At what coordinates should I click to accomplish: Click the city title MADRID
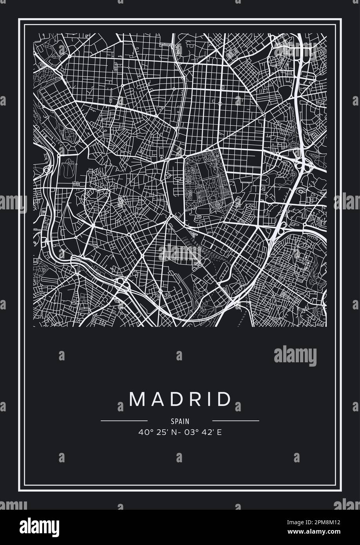180,399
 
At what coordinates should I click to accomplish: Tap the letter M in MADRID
137,399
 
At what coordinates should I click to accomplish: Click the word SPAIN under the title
180,421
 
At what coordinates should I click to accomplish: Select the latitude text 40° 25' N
156,432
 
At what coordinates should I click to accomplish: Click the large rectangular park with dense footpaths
203,183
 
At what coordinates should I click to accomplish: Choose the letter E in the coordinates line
219,432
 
